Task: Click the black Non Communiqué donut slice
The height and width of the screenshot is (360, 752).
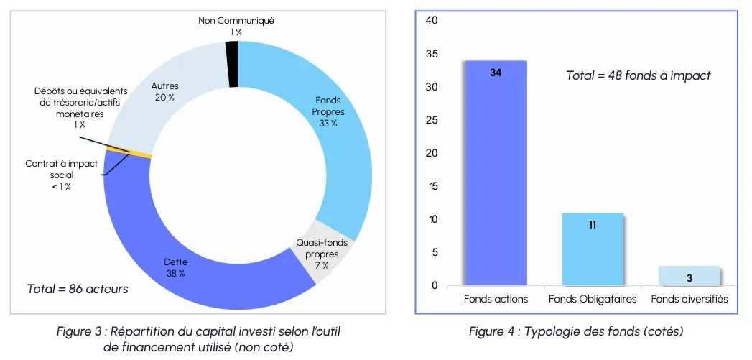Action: [x=232, y=65]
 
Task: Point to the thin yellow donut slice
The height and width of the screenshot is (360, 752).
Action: [x=129, y=152]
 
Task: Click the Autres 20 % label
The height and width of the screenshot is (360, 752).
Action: [x=164, y=92]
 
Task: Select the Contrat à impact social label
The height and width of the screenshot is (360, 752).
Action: [x=61, y=175]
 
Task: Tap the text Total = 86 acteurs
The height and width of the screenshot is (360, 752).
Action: [x=78, y=289]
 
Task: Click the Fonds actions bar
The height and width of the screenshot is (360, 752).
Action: [x=496, y=173]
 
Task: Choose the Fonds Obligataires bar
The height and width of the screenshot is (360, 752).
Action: [x=593, y=249]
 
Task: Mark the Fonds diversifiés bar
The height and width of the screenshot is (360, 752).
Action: [x=690, y=275]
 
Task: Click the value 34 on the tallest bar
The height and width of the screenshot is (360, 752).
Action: [x=496, y=73]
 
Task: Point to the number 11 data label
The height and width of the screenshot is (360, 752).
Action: [x=593, y=225]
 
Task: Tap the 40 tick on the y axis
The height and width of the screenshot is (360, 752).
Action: [x=432, y=21]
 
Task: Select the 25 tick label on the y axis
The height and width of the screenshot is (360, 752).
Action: [x=432, y=120]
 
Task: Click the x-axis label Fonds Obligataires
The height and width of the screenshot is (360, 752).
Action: [x=593, y=299]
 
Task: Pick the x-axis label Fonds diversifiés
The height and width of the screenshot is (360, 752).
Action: [x=690, y=299]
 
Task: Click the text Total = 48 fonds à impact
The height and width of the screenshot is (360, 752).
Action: [x=639, y=75]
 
